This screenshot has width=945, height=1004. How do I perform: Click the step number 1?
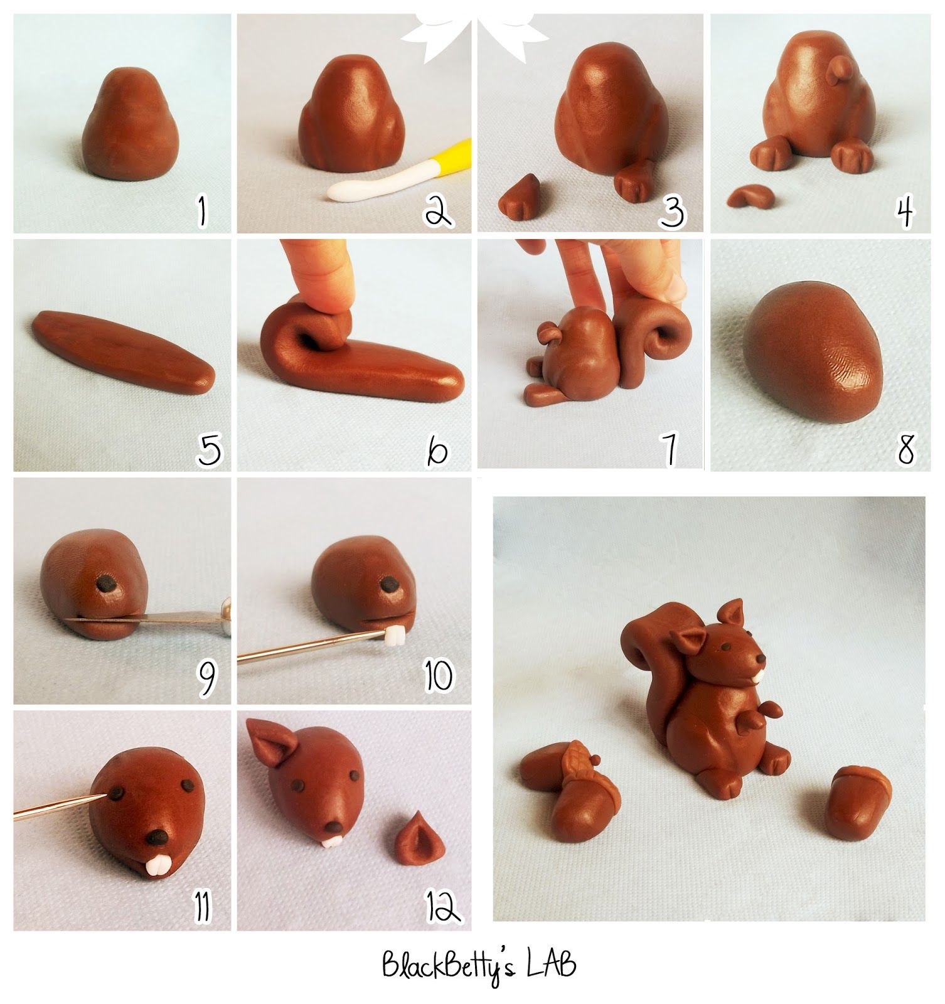click(202, 210)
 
